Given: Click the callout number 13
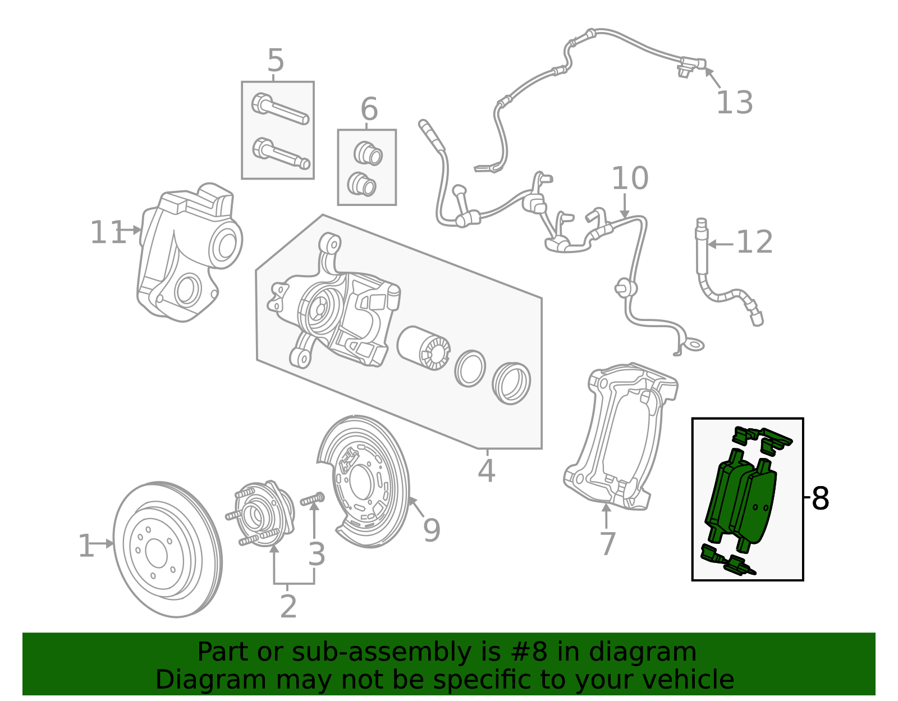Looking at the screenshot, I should click(734, 103).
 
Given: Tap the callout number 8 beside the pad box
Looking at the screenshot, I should click(820, 498).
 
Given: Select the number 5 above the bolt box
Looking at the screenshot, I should click(276, 60).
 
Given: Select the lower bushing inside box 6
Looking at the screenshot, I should click(361, 184).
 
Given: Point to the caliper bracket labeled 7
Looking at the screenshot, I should click(617, 438).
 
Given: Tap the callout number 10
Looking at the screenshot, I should click(629, 178).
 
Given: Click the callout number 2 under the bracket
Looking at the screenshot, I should click(288, 606).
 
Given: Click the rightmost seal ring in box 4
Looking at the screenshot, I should click(511, 383).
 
